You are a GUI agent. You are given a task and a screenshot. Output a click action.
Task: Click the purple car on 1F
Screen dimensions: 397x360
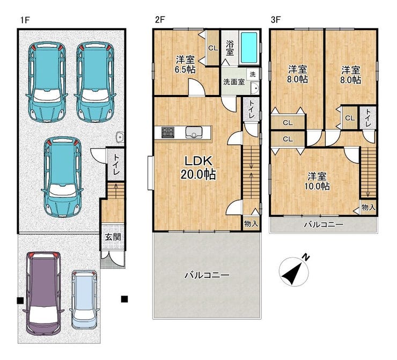43,293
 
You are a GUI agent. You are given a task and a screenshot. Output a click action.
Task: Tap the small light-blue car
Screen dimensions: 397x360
83,299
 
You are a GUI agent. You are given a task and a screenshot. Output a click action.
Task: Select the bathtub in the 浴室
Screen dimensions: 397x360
249,48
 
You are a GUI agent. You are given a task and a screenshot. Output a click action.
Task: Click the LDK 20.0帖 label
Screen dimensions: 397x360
198,167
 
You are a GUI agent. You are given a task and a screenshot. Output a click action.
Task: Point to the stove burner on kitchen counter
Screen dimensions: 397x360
168,132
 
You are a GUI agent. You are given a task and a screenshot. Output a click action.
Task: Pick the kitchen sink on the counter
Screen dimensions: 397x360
194,132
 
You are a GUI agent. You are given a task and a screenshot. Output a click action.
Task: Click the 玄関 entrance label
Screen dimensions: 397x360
113,237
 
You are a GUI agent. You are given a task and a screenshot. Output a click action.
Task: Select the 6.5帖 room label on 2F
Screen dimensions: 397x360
185,64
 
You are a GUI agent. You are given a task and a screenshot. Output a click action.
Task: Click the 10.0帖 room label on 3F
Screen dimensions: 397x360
317,181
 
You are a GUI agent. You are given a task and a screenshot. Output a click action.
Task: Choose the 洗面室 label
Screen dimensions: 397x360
234,82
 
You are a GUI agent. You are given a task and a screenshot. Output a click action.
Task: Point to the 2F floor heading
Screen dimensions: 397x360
160,20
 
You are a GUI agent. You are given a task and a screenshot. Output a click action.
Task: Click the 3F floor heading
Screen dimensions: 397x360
276,20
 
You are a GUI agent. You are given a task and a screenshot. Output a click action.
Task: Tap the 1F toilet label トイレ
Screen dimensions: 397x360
116,165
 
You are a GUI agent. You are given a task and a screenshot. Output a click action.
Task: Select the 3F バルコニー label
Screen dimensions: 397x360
324,224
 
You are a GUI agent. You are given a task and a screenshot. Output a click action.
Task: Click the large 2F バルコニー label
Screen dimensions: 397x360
207,275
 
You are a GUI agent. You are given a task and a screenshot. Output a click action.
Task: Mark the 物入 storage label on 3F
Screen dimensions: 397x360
368,208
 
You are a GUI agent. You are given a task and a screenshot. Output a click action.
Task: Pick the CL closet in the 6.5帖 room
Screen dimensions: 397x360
213,47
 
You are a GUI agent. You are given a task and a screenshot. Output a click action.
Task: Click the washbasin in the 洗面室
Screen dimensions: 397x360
254,89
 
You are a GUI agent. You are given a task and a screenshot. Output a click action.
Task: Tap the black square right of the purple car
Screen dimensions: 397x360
124,299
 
